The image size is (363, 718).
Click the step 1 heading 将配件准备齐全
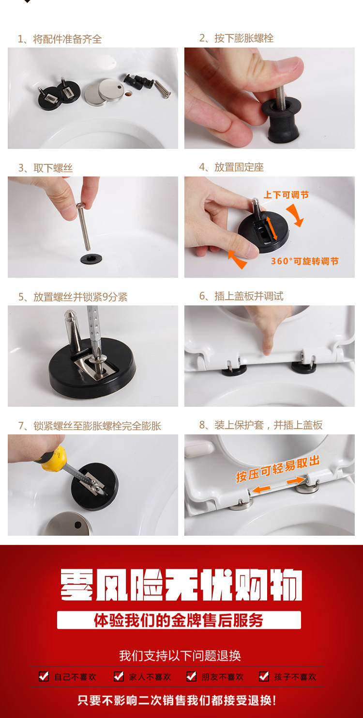coord(60,39)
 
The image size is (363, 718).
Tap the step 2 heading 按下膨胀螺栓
coord(236,38)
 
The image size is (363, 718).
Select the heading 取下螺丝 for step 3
coord(45,168)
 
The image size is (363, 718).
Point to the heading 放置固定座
coord(231,167)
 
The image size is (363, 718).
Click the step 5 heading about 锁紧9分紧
coord(73,297)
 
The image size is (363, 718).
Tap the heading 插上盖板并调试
coord(242,296)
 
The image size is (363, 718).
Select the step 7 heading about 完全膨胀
coord(90,426)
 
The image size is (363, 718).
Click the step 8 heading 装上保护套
coord(261,425)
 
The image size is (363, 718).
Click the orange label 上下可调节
coord(286,195)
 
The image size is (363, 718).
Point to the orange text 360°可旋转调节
coord(305,261)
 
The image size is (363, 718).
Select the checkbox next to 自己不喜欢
coord(44,676)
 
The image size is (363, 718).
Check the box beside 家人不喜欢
coord(119,676)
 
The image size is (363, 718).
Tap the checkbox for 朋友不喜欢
coord(192,676)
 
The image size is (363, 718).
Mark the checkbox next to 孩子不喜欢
coord(264,676)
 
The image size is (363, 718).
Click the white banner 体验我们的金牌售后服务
coord(179,620)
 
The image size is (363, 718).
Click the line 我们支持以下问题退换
coord(180,655)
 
